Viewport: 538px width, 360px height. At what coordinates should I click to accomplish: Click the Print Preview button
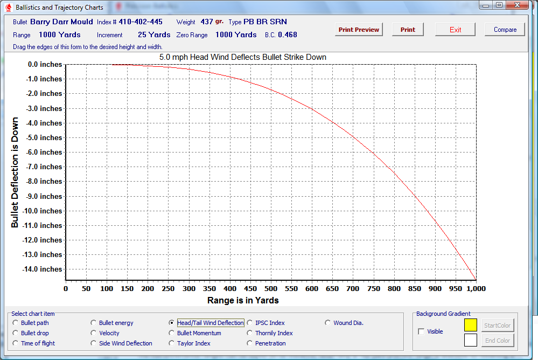pyautogui.click(x=359, y=30)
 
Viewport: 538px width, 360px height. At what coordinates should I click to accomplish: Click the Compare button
pyautogui.click(x=505, y=30)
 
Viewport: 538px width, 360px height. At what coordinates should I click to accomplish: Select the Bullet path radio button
pyautogui.click(x=15, y=323)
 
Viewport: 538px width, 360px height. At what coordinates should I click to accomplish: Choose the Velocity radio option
pyautogui.click(x=93, y=333)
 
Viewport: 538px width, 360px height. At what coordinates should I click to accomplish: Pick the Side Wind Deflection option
pyautogui.click(x=93, y=343)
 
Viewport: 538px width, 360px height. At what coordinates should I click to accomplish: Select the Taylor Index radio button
pyautogui.click(x=171, y=343)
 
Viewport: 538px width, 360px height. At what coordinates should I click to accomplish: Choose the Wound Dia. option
pyautogui.click(x=327, y=323)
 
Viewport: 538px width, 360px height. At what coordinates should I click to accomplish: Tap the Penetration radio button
pyautogui.click(x=249, y=343)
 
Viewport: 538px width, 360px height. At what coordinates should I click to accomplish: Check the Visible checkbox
pyautogui.click(x=421, y=331)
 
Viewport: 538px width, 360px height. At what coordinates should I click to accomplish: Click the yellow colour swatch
pyautogui.click(x=471, y=325)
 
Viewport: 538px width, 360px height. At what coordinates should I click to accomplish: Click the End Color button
pyautogui.click(x=498, y=341)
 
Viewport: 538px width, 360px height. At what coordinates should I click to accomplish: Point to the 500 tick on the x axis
pyautogui.click(x=270, y=288)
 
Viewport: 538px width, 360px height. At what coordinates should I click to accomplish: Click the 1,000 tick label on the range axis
pyautogui.click(x=476, y=288)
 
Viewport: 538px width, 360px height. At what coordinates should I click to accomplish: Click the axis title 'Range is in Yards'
pyautogui.click(x=243, y=300)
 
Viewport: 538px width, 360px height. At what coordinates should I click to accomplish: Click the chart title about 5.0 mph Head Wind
pyautogui.click(x=243, y=57)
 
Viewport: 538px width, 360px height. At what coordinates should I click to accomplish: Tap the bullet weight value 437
pyautogui.click(x=207, y=22)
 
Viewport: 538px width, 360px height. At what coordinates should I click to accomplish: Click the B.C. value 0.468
pyautogui.click(x=288, y=34)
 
